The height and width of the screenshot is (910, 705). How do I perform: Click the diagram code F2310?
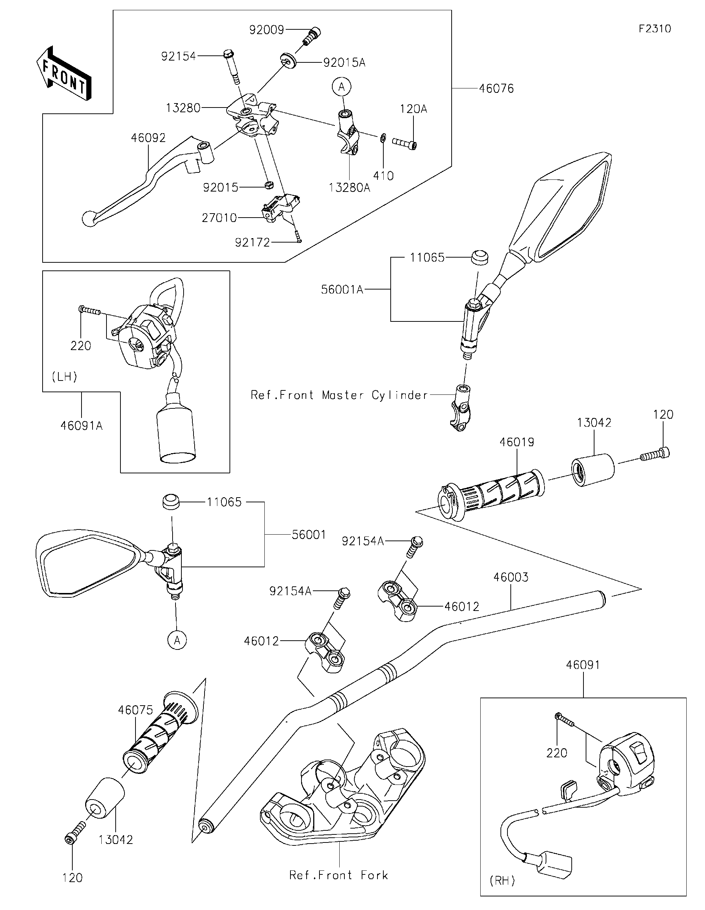coord(655,29)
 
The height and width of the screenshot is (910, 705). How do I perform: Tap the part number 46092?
coord(148,138)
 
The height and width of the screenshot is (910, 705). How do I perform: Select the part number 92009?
coord(267,30)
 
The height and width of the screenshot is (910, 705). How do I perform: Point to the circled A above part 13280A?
coord(341,87)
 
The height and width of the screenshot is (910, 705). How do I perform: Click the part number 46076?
coord(496,88)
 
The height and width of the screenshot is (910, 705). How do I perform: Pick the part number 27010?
coord(219,218)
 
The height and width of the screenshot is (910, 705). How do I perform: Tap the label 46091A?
coord(82,426)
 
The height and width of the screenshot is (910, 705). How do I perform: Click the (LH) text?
coord(65,377)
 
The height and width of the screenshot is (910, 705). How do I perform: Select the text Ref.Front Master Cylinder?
coord(339,395)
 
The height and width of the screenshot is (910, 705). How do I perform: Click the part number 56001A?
coord(342,290)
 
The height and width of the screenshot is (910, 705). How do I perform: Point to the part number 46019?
coord(517,442)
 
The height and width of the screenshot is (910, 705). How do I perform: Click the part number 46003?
coord(511,577)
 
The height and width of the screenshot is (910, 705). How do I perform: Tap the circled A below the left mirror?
coord(177,640)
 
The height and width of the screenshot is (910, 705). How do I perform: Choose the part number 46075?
coord(135,710)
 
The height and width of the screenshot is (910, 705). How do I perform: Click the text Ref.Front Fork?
coord(339,875)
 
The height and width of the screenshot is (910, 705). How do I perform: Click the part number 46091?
coord(583,665)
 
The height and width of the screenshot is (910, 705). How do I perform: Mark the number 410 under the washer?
coord(383,176)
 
